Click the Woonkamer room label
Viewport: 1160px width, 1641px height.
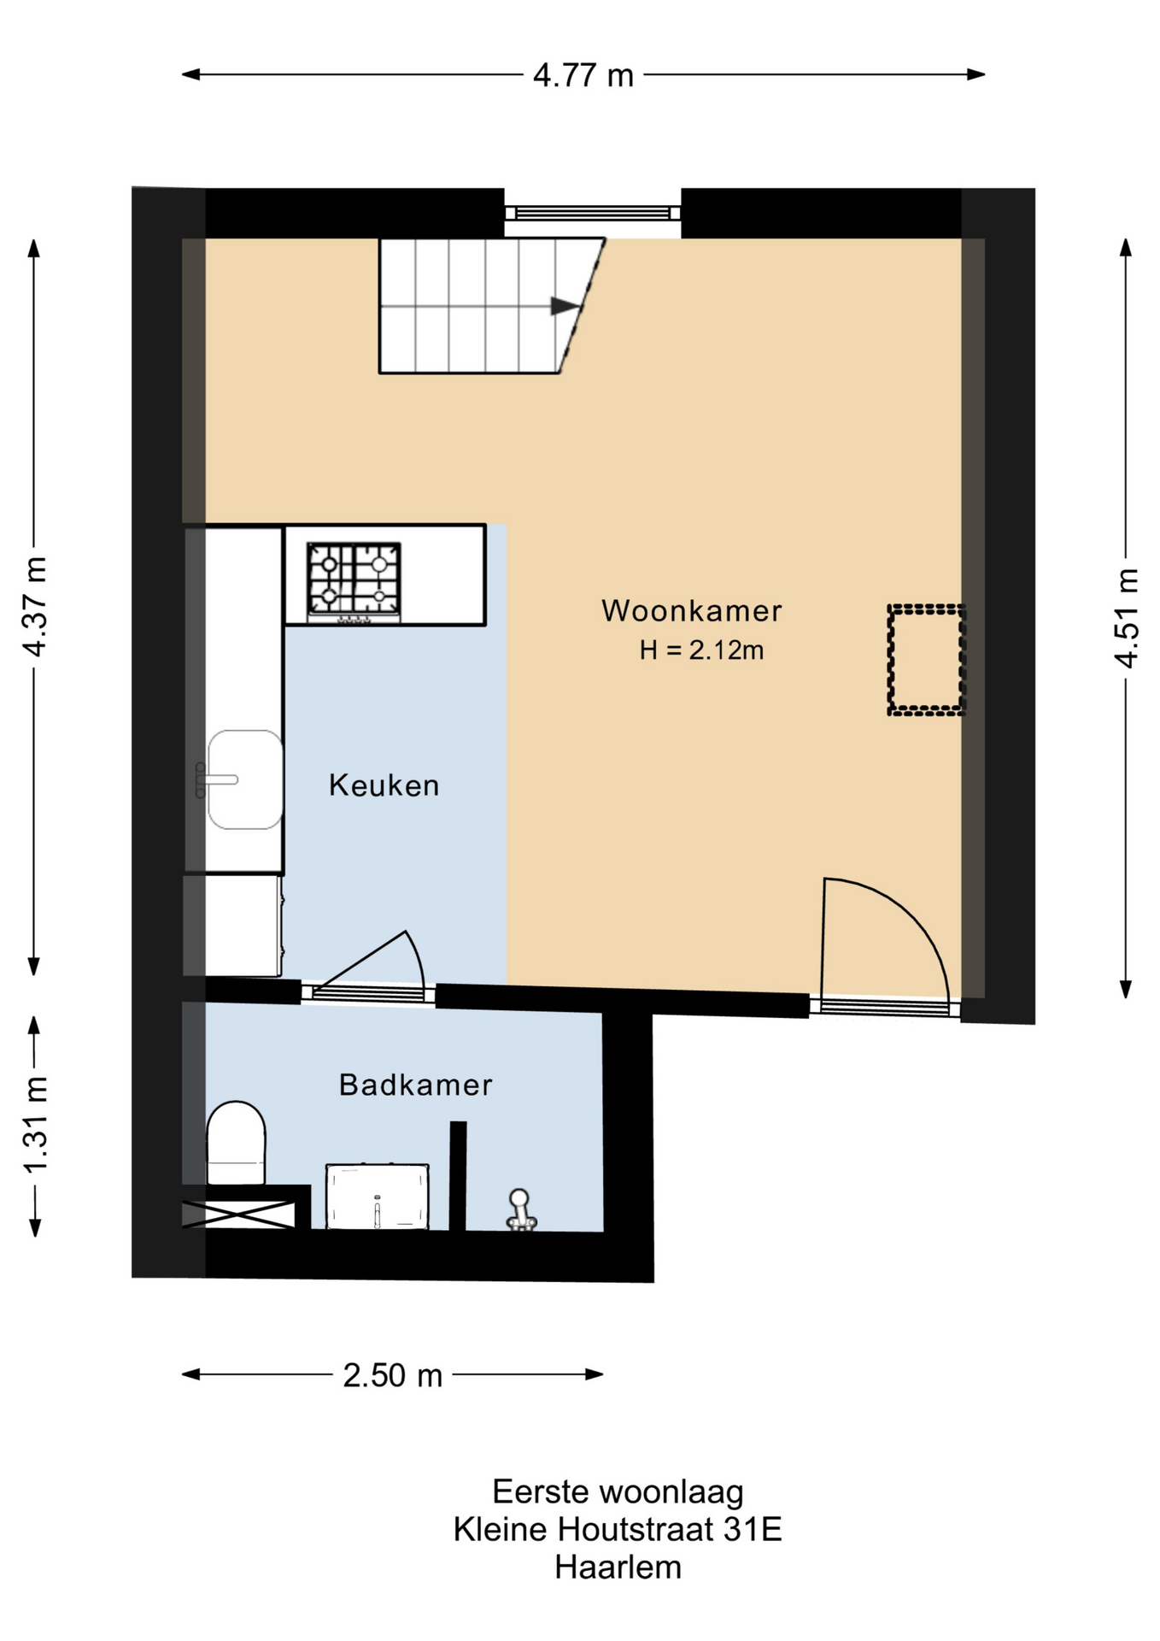(x=691, y=610)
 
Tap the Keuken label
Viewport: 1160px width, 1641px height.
(x=384, y=785)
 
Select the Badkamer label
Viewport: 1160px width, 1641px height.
(x=416, y=1085)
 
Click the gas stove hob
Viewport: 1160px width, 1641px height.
(x=354, y=581)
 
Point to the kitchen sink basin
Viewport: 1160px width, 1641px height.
(x=245, y=779)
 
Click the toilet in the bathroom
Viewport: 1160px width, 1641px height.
(x=236, y=1143)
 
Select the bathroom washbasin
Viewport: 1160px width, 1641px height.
(x=377, y=1197)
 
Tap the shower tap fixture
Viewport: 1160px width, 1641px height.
(x=519, y=1210)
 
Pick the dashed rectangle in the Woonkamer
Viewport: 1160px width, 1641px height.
(x=927, y=659)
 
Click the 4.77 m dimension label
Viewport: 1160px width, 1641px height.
(x=583, y=75)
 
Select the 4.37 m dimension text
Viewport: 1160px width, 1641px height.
(x=35, y=606)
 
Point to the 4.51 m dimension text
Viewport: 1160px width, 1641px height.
(x=1127, y=617)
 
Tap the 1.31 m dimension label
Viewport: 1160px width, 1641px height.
(x=35, y=1126)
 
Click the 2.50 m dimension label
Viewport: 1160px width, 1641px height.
(x=393, y=1375)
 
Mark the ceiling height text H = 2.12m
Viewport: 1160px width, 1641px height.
(x=701, y=650)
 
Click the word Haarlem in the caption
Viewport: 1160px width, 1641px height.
(x=618, y=1567)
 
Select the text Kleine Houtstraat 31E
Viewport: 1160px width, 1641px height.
(x=618, y=1529)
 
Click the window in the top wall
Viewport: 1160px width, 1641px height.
(x=592, y=213)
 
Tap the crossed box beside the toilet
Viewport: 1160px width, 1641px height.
(x=238, y=1215)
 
